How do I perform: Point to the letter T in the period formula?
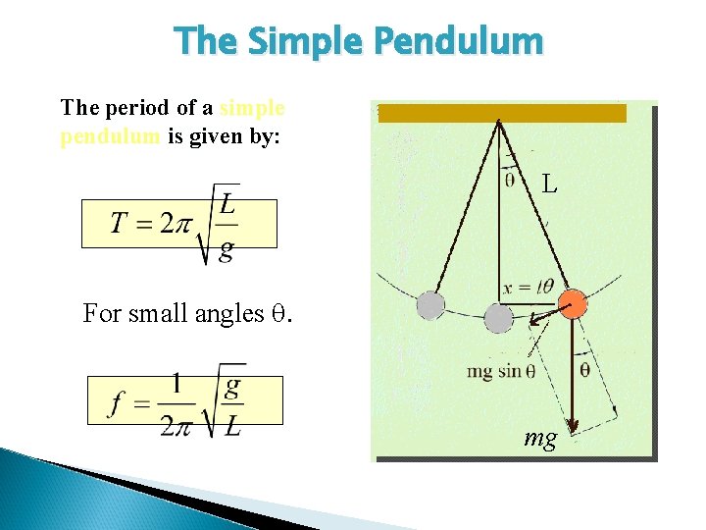pos(120,225)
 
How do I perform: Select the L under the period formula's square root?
pos(227,204)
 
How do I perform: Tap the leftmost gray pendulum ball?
pos(430,306)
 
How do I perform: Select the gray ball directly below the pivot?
pos(499,319)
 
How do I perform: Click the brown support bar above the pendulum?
pos(501,113)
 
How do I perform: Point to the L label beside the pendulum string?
pos(550,184)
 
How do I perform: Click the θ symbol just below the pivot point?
pos(510,179)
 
